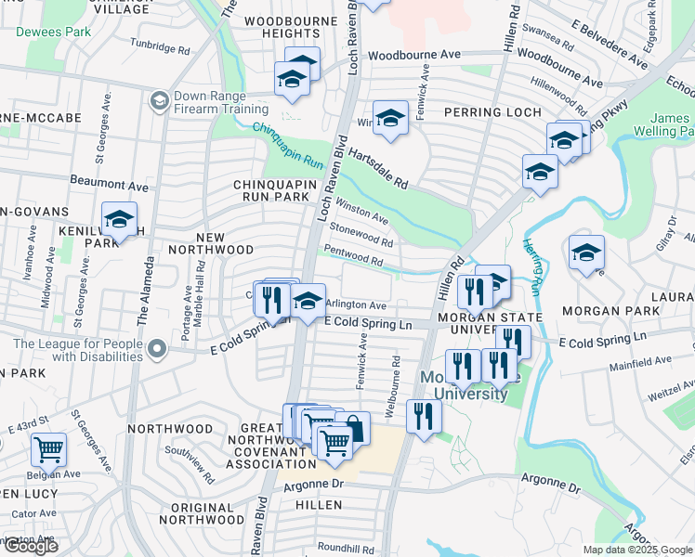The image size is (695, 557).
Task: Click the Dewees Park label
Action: click(53, 32)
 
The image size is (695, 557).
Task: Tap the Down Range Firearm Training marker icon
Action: click(159, 99)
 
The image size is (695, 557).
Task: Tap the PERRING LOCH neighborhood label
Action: click(491, 111)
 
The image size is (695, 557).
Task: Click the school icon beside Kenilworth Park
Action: click(119, 219)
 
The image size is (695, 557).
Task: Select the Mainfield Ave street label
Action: click(639, 359)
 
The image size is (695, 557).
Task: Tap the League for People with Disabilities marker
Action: click(158, 349)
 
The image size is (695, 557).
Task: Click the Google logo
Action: click(31, 546)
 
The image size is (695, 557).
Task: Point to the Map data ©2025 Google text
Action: click(636, 550)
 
